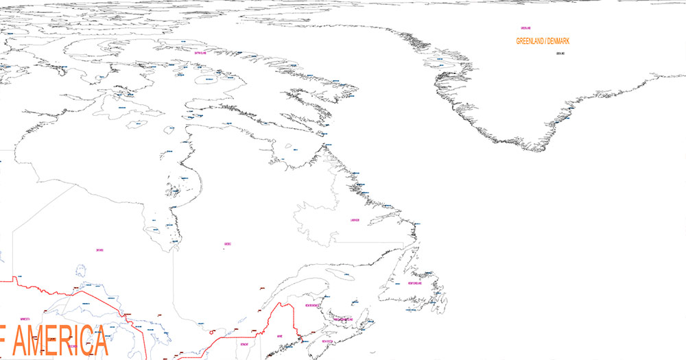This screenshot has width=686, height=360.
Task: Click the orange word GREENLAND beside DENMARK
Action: [530, 41]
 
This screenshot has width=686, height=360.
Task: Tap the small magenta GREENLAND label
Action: [526, 28]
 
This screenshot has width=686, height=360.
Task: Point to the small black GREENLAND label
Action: [560, 53]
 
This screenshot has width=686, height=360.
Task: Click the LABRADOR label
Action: [354, 220]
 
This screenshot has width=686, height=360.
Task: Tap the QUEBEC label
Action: [227, 244]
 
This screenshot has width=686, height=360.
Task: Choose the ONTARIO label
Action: [100, 250]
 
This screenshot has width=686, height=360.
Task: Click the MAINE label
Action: [279, 336]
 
